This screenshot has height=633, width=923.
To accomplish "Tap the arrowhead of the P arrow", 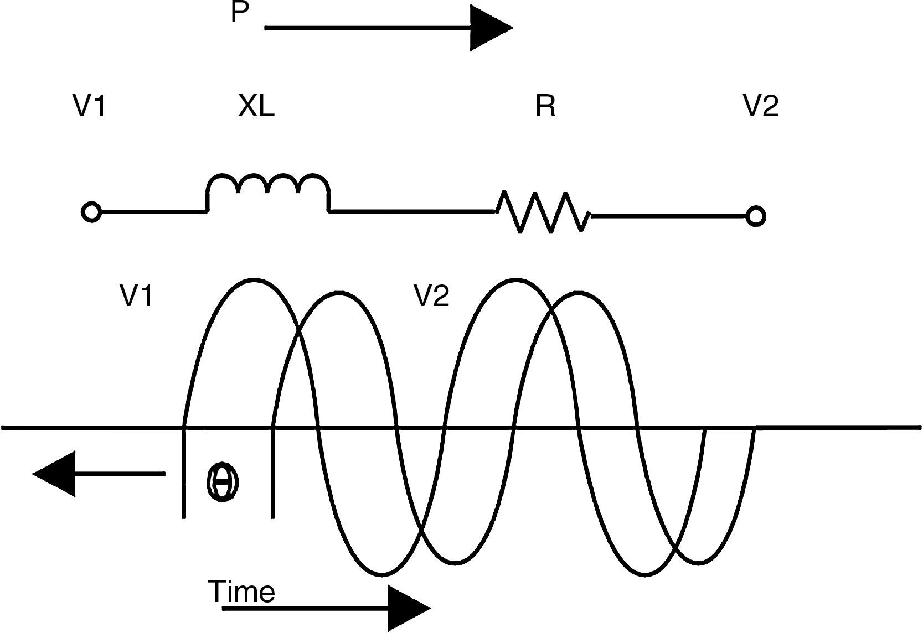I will pyautogui.click(x=490, y=28).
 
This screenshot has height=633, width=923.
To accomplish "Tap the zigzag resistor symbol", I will pyautogui.click(x=543, y=212).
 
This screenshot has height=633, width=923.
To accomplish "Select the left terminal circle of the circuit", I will pyautogui.click(x=91, y=212).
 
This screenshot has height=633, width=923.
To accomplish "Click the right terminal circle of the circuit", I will pyautogui.click(x=755, y=215).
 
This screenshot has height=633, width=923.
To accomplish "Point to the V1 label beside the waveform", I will pyautogui.click(x=136, y=295).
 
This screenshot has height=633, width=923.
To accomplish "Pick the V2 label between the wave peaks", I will pyautogui.click(x=432, y=295).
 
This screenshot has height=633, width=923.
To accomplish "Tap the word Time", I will pyautogui.click(x=241, y=592).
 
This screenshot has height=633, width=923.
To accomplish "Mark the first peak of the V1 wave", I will pyautogui.click(x=254, y=280).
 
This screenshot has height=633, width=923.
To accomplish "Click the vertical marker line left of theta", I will pyautogui.click(x=184, y=473).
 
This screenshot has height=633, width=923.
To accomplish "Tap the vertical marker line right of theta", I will pyautogui.click(x=272, y=473).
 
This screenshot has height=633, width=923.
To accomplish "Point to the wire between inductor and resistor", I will pyautogui.click(x=412, y=211).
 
